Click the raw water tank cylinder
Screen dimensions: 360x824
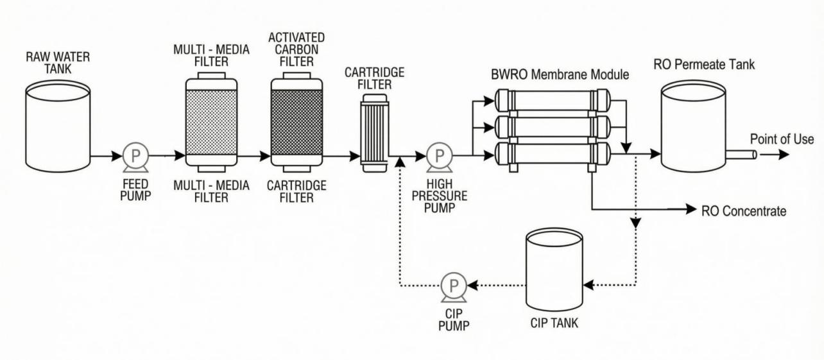(x=57, y=129)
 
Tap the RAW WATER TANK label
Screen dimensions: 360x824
(x=58, y=63)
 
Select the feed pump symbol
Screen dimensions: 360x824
(x=135, y=156)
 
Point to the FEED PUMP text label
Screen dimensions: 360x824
(x=135, y=190)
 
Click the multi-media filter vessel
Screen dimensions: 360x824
(x=211, y=123)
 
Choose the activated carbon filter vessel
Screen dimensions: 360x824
(x=296, y=123)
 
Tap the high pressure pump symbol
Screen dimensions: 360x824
(x=440, y=156)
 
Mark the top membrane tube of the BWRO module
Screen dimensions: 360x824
(x=553, y=99)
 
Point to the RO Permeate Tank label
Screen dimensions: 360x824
(x=704, y=65)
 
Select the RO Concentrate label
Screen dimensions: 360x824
(x=744, y=210)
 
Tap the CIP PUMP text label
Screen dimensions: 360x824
(x=454, y=318)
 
